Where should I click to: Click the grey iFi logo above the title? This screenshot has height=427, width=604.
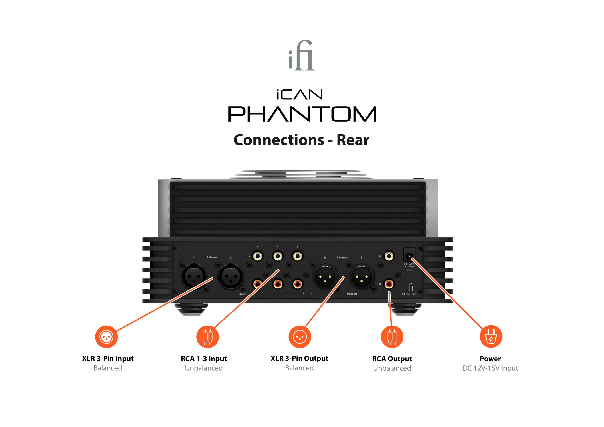point(302,56)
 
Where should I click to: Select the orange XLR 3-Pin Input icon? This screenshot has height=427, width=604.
point(106,337)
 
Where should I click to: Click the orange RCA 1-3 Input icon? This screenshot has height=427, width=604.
point(207,337)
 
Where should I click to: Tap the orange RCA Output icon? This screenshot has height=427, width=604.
point(392,337)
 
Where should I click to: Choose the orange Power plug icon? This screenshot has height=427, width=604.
point(491,337)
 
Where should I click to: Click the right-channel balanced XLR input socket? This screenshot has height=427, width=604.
point(194,276)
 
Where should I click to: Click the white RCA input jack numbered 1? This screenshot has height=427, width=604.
point(257,256)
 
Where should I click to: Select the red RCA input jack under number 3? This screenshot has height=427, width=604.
point(298,284)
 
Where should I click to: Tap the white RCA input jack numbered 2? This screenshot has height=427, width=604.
point(278,256)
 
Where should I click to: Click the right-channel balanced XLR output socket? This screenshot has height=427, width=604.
point(325,277)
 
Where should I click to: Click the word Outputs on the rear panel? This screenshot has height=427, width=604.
point(352,294)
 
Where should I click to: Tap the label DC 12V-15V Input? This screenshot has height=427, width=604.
point(490,368)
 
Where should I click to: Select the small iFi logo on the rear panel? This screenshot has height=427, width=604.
point(410,287)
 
